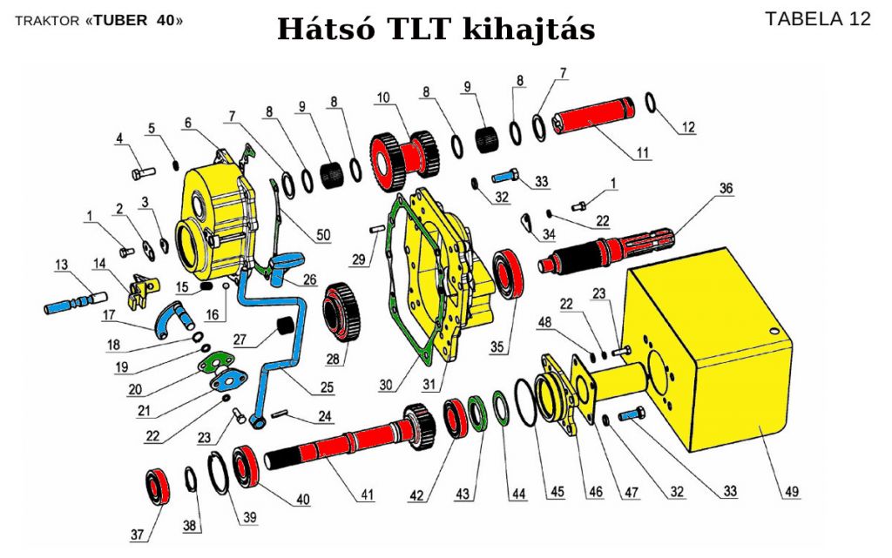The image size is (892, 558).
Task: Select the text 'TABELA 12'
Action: (x=817, y=19)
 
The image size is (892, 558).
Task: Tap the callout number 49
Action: (x=791, y=493)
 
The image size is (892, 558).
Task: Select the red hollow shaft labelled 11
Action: (x=593, y=121)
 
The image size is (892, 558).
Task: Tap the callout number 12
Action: (x=688, y=127)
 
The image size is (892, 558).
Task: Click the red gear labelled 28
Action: (x=345, y=310)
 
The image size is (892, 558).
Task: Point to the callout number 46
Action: (x=596, y=492)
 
